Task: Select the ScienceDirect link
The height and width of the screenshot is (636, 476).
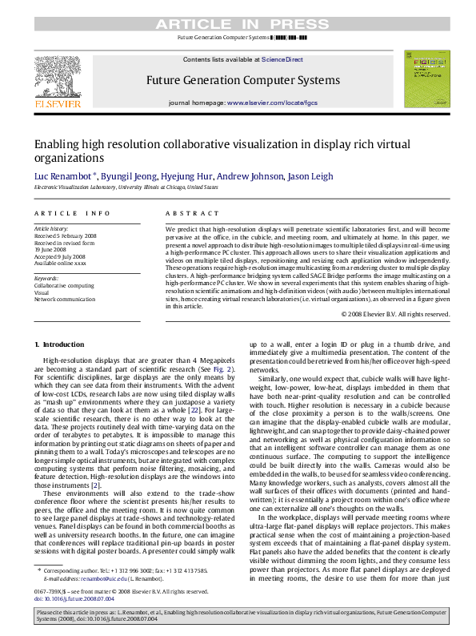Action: [x=282, y=59]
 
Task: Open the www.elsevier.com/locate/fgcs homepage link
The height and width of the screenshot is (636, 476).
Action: [x=272, y=103]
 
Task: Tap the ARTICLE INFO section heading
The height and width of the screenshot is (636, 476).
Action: [x=72, y=213]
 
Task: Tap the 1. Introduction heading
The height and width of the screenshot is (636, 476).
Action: [x=60, y=344]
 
